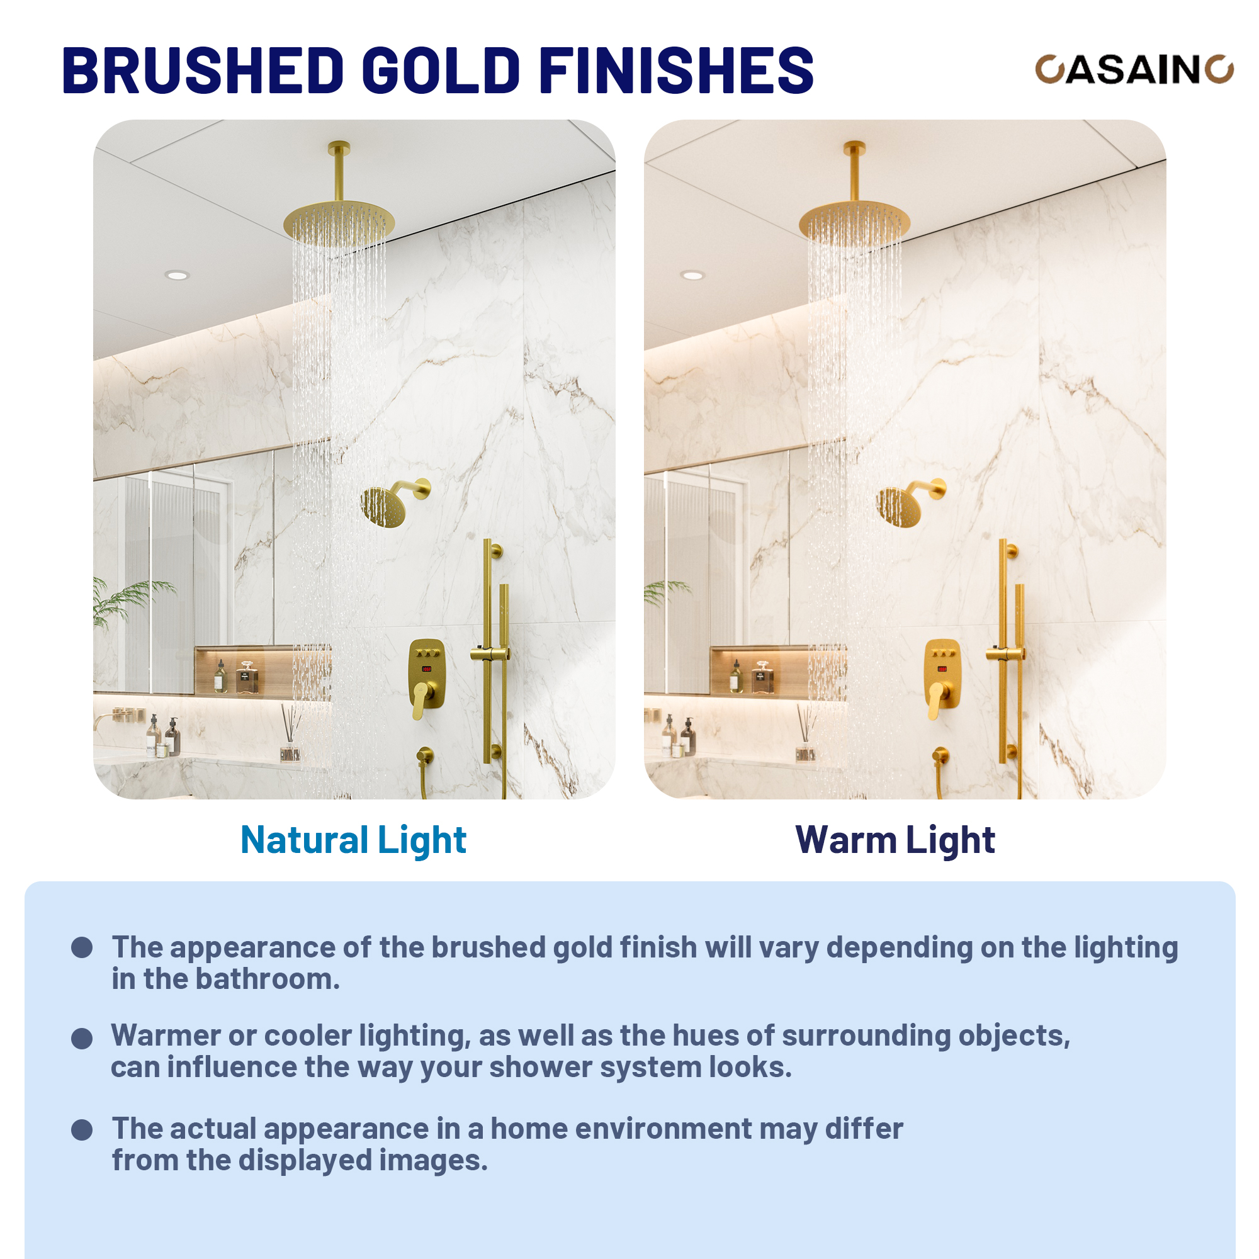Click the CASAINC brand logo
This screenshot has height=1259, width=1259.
[x=1134, y=69]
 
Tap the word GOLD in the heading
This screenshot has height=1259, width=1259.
[x=441, y=71]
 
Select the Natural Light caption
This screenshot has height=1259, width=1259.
[x=353, y=840]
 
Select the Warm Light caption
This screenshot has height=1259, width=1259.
[x=895, y=840]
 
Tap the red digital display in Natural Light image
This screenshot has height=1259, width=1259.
[x=427, y=669]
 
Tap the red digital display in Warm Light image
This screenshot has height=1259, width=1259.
[x=942, y=669]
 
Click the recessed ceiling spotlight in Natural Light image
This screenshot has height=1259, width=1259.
[x=178, y=275]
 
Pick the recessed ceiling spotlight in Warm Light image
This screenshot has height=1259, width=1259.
[x=692, y=275]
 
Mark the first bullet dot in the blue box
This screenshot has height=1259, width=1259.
[x=81, y=947]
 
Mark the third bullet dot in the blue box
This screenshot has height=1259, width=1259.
[x=81, y=1129]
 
